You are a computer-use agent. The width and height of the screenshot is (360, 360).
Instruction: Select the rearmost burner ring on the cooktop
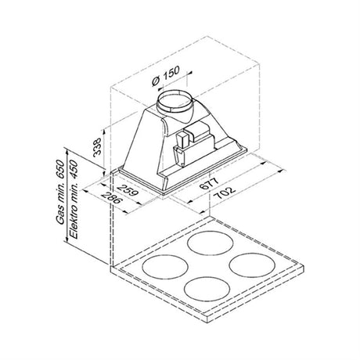coord(211,243)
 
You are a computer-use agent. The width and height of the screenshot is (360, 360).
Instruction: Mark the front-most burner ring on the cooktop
coord(205,292)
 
